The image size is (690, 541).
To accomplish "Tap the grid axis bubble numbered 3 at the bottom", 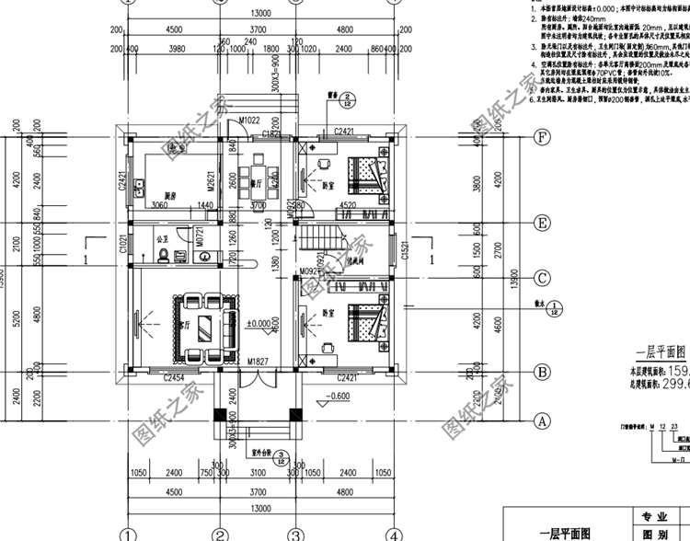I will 294,534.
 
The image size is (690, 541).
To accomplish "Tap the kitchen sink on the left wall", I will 138,190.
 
